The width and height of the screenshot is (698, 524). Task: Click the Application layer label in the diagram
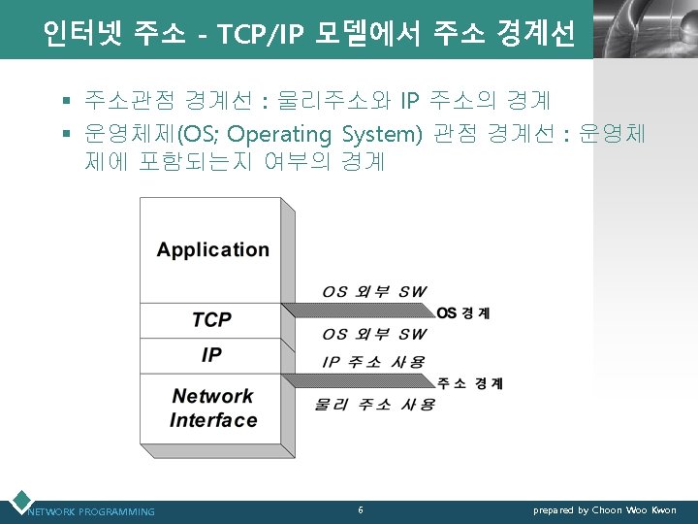(x=212, y=249)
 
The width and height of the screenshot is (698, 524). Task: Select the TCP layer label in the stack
(x=211, y=319)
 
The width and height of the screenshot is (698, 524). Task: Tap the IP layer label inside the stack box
(x=211, y=354)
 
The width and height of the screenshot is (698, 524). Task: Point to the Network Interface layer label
(x=212, y=408)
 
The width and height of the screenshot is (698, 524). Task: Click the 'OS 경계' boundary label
(x=463, y=312)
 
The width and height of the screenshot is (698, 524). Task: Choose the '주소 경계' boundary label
(x=470, y=383)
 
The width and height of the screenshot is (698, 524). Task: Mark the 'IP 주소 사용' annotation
(x=372, y=362)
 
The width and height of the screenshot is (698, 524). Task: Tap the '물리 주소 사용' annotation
(x=374, y=404)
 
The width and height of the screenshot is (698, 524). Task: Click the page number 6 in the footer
(x=361, y=509)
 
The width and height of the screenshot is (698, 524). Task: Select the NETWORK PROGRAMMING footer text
(x=91, y=511)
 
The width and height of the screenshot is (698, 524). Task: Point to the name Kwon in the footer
(x=664, y=510)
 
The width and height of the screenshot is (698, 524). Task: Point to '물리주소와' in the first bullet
(x=335, y=99)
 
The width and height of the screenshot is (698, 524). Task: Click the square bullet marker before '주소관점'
(x=67, y=100)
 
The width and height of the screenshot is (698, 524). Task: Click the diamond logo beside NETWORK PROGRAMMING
(x=18, y=501)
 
